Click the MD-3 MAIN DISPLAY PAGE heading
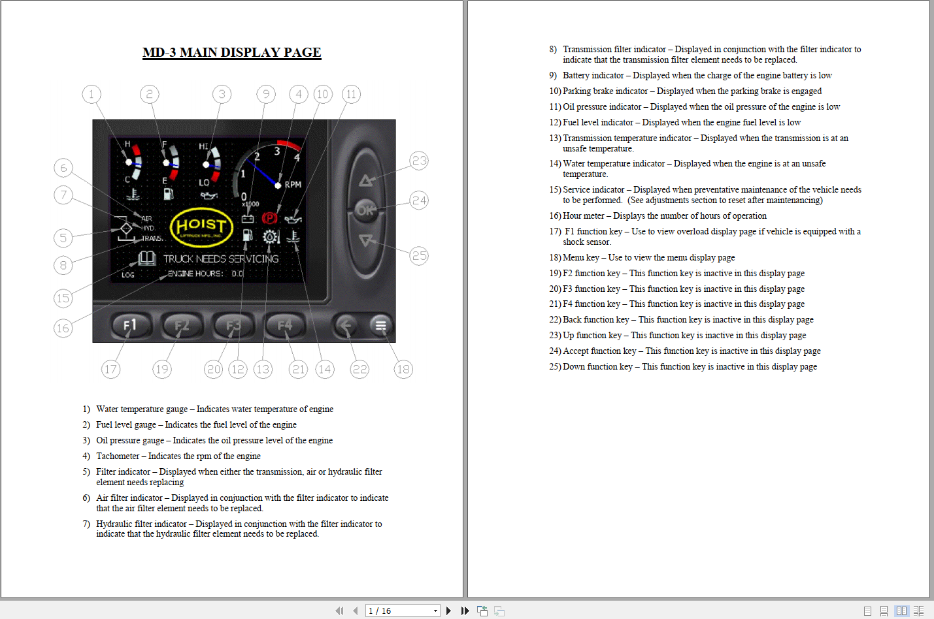(231, 52)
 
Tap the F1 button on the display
(130, 325)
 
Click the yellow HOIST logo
(201, 227)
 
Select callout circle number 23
(419, 161)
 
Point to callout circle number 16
(63, 328)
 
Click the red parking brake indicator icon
(269, 218)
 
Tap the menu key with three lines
(380, 325)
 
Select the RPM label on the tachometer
(293, 185)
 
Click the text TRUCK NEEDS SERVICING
(220, 259)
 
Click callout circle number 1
(92, 94)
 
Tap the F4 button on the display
(285, 325)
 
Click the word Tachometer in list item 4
(118, 456)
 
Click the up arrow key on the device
(366, 180)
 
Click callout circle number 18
(403, 369)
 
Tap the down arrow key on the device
(366, 240)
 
